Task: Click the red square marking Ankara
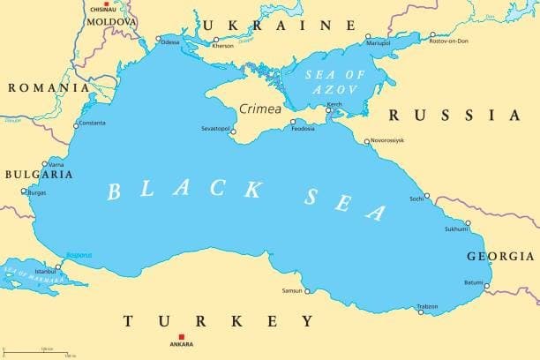(182, 336)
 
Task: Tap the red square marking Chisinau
(107, 4)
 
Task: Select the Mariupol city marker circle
(369, 36)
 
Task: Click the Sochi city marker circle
(427, 196)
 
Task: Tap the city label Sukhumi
(455, 229)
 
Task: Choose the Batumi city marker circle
(486, 285)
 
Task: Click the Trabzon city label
(427, 306)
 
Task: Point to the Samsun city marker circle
(307, 290)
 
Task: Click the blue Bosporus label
(79, 255)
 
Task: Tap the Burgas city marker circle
(25, 191)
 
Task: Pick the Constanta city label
(91, 123)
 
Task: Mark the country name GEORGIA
(500, 256)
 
